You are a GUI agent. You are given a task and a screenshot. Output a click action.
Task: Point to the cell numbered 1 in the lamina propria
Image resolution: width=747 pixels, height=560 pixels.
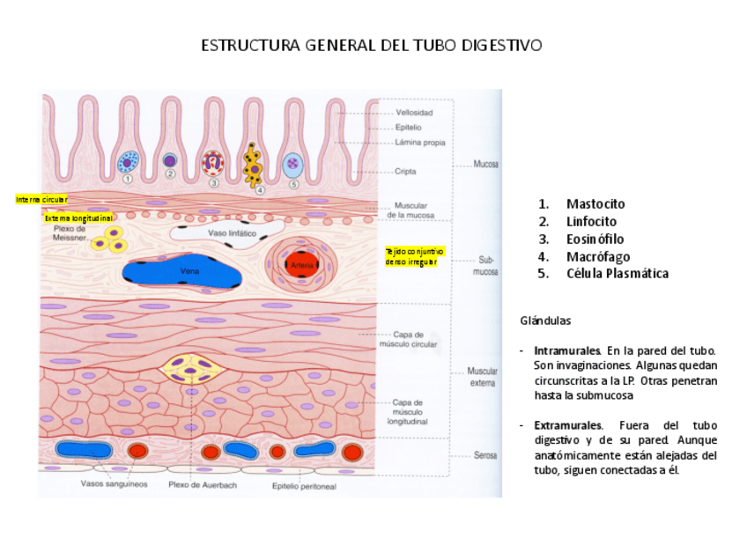point(129,163)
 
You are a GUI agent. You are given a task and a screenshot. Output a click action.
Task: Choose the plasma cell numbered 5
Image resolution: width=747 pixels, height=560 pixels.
point(293,165)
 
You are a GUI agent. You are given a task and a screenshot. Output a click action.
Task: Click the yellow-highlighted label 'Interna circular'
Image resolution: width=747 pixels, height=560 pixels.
point(41,200)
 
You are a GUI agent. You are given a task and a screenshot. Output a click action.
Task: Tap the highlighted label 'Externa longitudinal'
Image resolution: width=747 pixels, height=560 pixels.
point(78,217)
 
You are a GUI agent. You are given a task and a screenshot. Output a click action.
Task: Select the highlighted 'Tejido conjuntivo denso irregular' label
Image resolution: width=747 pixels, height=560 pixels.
point(414,256)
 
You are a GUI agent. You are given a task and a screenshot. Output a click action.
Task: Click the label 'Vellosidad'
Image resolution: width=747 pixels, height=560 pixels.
point(413,113)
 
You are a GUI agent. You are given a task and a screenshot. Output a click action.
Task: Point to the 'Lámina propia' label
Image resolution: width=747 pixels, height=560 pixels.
point(419,142)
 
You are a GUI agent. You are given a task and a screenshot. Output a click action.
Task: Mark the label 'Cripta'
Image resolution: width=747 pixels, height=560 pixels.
point(405,172)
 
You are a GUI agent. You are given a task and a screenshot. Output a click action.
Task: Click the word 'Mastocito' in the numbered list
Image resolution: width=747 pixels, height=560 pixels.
point(595,204)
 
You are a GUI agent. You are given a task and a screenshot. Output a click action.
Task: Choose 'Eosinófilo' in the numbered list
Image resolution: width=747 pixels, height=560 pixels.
point(595,239)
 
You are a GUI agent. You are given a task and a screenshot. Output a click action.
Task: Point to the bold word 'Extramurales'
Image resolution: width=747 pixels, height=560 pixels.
point(568,425)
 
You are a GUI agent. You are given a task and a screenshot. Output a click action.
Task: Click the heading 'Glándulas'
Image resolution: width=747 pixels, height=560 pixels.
point(546,321)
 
